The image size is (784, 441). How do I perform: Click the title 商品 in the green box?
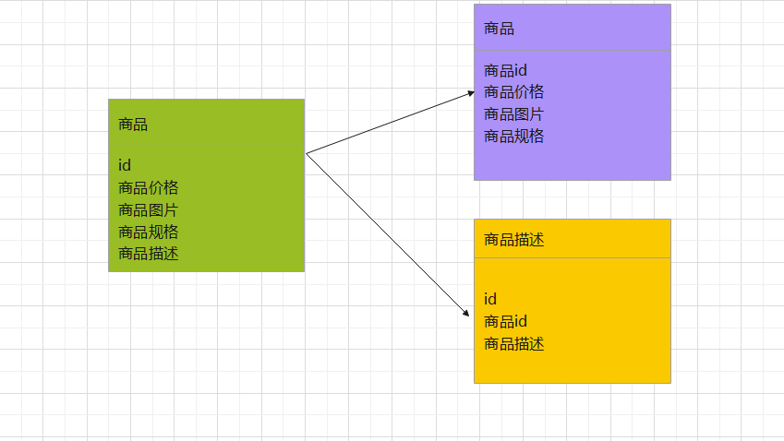point(133,125)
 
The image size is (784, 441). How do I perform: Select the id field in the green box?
point(125,165)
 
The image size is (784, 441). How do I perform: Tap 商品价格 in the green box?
point(149,187)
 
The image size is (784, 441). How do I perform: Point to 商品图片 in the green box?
point(149,209)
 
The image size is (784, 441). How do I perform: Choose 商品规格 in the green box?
point(149,232)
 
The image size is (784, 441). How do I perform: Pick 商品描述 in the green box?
point(149,254)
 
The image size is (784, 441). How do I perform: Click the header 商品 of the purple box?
point(499,29)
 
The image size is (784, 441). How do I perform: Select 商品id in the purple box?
point(505,70)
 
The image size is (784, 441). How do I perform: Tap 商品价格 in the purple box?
point(514,92)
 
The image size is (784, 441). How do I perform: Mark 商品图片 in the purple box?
point(514,114)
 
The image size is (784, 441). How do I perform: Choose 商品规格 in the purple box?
point(514,137)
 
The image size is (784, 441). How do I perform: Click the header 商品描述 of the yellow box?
point(514,240)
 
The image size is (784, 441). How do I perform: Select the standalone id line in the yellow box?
point(490,299)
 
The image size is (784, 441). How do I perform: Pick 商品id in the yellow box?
point(505,321)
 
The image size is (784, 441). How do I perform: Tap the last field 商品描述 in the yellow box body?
point(514,344)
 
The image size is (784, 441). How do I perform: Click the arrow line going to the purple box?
point(388,123)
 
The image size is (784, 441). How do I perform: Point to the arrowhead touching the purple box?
point(470,93)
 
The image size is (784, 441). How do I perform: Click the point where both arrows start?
point(306,153)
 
